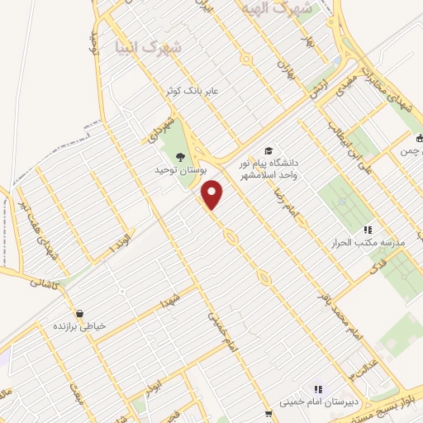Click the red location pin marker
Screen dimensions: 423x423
(213, 195)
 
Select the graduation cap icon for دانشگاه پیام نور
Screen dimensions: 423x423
(269, 150)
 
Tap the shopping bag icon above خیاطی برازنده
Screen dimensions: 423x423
(80, 313)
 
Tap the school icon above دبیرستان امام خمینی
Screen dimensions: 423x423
(316, 389)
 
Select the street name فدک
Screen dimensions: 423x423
(378, 266)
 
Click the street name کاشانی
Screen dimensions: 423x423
(45, 282)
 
